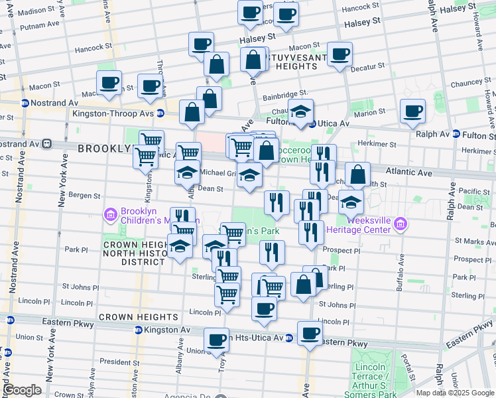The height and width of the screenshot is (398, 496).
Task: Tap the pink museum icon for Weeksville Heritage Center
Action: tap(399, 226)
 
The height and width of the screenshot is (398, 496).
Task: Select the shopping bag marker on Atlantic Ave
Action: tap(357, 175)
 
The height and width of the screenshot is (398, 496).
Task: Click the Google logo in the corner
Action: tap(21, 390)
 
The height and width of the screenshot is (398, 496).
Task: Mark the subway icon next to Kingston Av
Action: tap(138, 330)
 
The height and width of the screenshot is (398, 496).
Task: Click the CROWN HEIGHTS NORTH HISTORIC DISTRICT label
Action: tap(133, 253)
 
